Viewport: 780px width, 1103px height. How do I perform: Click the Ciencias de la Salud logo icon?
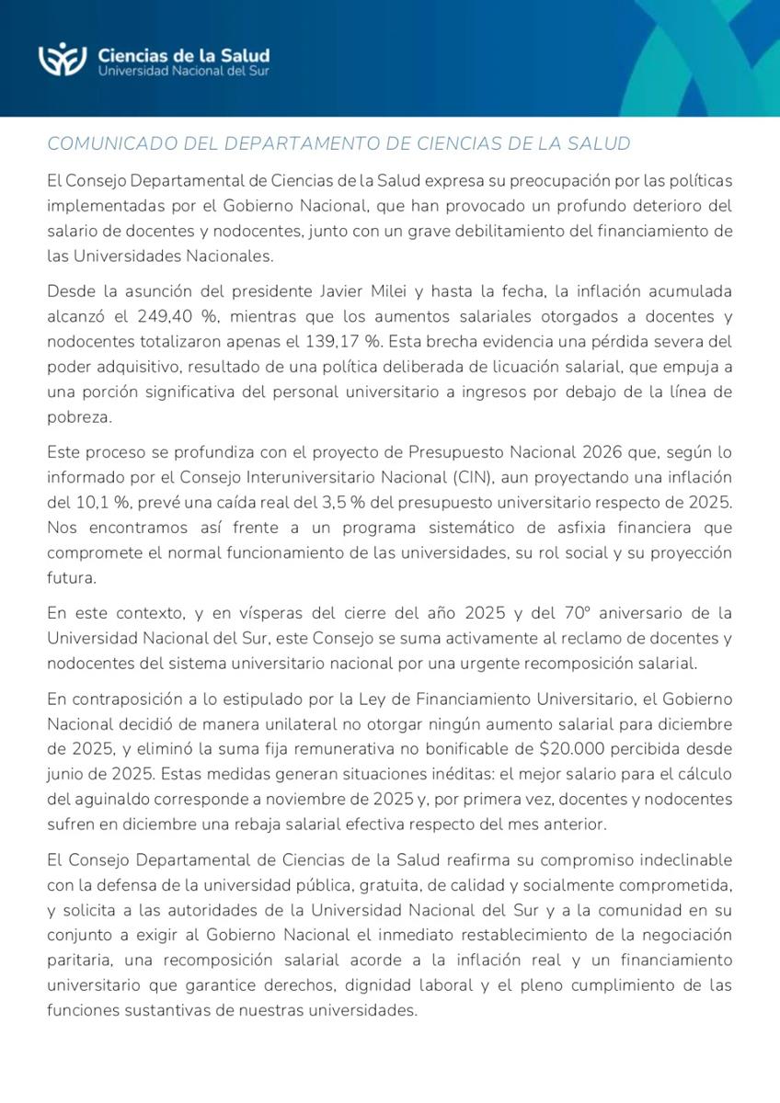tap(63, 60)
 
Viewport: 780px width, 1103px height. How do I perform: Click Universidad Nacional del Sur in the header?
tap(184, 71)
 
